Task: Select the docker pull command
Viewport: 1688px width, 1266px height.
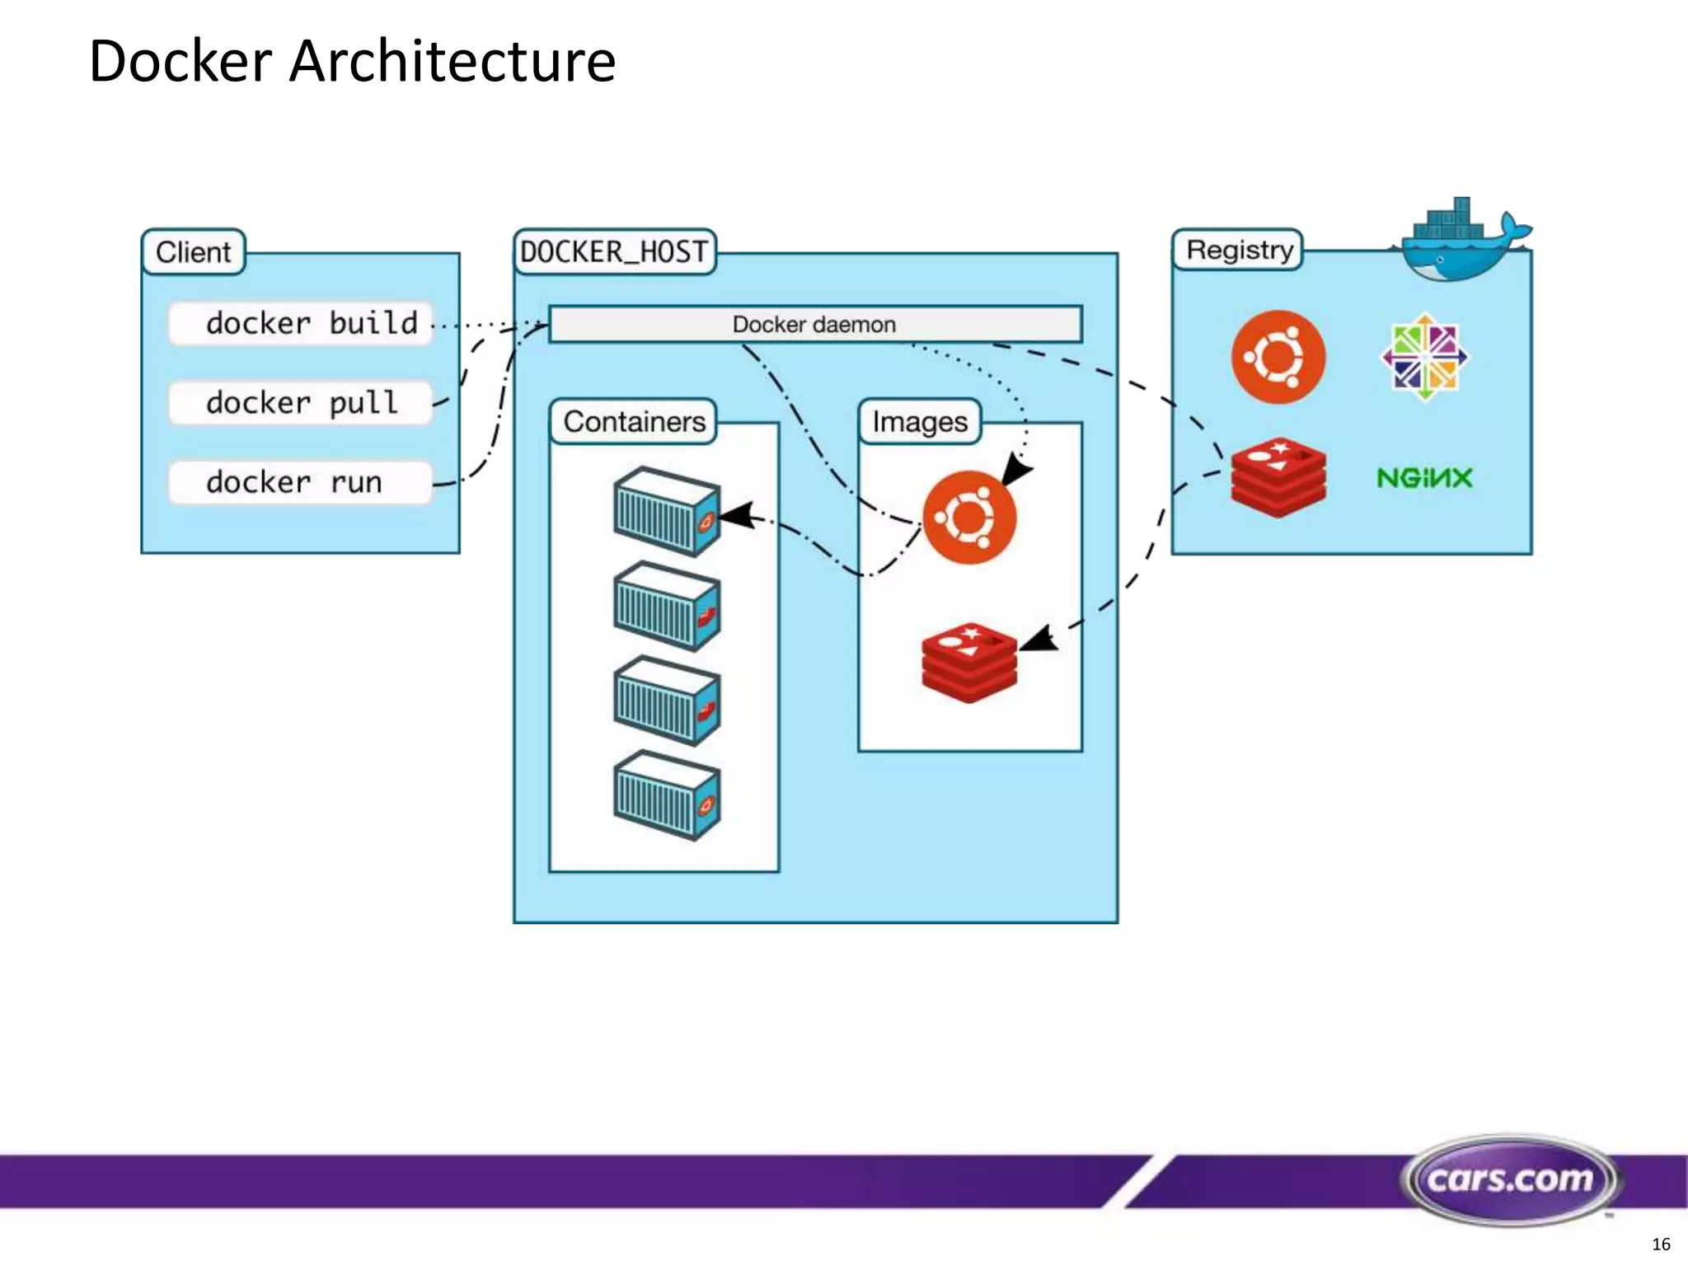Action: [x=301, y=403]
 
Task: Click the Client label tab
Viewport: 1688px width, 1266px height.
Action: [x=194, y=252]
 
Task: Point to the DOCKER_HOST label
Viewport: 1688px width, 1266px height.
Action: [x=615, y=252]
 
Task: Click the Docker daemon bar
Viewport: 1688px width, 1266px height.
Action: [x=815, y=324]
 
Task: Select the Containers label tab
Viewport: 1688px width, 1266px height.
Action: [x=634, y=422]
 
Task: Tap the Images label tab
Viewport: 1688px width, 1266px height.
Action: [x=920, y=422]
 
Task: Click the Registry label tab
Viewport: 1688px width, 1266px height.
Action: [x=1239, y=250]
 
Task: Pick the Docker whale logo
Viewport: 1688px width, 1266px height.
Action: [x=1459, y=241]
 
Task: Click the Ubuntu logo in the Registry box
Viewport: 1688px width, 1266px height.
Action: [x=1278, y=357]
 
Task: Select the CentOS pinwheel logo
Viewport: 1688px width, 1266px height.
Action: [x=1425, y=357]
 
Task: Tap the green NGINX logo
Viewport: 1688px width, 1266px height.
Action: [x=1424, y=478]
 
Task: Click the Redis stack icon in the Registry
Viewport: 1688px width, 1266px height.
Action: [x=1278, y=477]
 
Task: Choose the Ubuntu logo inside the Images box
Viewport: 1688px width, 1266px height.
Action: [x=969, y=518]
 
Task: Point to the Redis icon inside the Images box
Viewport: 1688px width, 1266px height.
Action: [x=969, y=663]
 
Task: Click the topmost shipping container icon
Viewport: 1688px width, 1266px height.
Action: [x=667, y=512]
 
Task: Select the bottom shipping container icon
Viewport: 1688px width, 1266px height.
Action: [x=667, y=795]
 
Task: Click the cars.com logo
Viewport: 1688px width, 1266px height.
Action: [x=1510, y=1179]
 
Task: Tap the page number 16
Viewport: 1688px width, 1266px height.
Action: [x=1661, y=1245]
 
